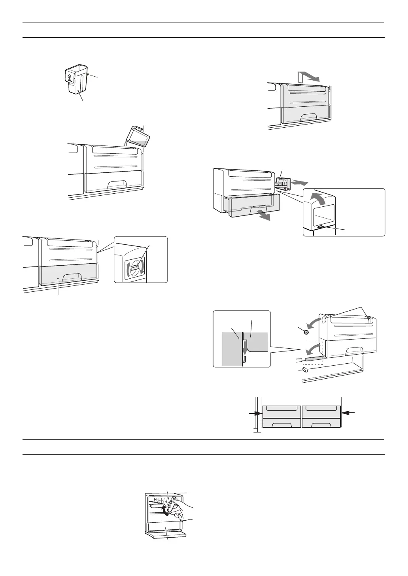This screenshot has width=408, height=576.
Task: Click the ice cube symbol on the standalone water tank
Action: tap(70, 77)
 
